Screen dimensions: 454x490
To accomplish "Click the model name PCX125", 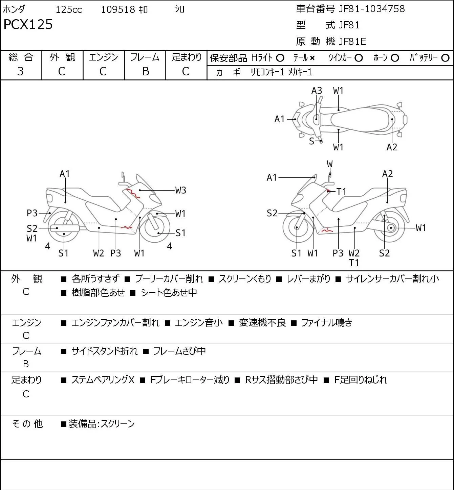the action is pyautogui.click(x=28, y=24).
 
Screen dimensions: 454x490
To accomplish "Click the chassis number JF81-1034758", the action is pyautogui.click(x=372, y=9).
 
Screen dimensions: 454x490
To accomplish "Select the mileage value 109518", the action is pyautogui.click(x=118, y=9).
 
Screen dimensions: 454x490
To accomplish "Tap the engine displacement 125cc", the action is pyautogui.click(x=68, y=9).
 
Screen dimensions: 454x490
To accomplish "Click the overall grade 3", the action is pyautogui.click(x=20, y=71).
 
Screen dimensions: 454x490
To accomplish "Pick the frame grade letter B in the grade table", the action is pyautogui.click(x=145, y=71).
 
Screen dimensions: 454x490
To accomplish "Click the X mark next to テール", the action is pyautogui.click(x=312, y=58).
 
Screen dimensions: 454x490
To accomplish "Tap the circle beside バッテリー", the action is pyautogui.click(x=445, y=58).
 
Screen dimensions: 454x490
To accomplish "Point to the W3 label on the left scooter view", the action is pyautogui.click(x=180, y=190).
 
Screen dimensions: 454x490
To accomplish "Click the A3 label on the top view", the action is pyautogui.click(x=317, y=91).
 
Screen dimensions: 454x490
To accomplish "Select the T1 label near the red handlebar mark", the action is pyautogui.click(x=341, y=192).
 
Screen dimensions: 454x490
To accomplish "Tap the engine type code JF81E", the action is pyautogui.click(x=352, y=42).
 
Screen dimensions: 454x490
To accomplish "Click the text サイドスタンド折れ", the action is pyautogui.click(x=104, y=351).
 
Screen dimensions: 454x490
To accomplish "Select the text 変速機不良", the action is pyautogui.click(x=262, y=323).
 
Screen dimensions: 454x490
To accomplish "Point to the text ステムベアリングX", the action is pyautogui.click(x=103, y=380).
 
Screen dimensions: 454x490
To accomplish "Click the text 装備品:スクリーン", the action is pyautogui.click(x=101, y=424).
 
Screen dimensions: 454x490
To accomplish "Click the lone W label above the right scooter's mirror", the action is pyautogui.click(x=330, y=164).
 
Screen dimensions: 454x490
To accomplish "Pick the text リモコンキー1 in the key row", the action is pyautogui.click(x=267, y=72).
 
